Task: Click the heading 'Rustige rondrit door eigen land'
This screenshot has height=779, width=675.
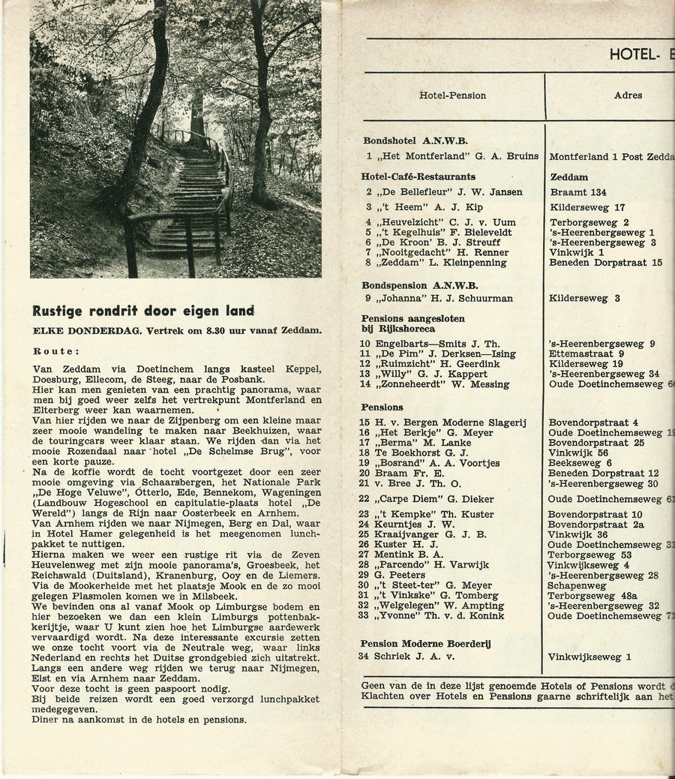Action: [x=142, y=311]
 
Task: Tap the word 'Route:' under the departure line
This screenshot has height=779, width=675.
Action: [x=55, y=350]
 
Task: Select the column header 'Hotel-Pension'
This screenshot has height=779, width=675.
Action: [x=452, y=95]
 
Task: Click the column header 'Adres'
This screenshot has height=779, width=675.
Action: [x=628, y=95]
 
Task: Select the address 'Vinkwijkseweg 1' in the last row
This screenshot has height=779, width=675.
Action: [x=589, y=657]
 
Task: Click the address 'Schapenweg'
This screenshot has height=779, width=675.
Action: [x=577, y=585]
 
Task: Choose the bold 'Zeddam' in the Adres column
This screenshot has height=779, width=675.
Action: [x=568, y=177]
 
